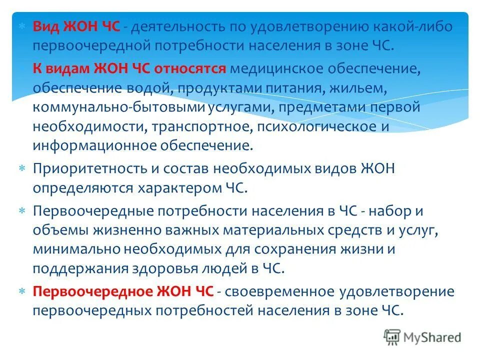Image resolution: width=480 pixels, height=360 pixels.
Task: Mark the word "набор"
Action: point(390,211)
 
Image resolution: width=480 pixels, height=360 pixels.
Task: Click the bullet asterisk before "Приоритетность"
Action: point(22,169)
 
